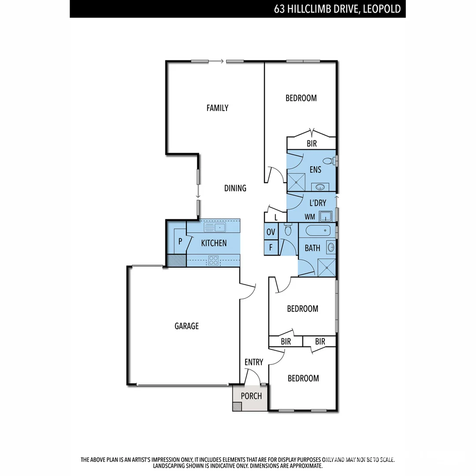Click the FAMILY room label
(217, 108)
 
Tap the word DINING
(235, 188)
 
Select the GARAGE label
(186, 326)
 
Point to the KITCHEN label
(214, 243)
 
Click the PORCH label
(251, 396)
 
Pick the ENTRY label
(253, 362)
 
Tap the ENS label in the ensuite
(316, 170)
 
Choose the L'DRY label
(317, 203)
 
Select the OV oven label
(271, 232)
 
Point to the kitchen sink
(215, 227)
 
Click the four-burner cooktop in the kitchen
(213, 260)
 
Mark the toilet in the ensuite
(329, 161)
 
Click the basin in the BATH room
(331, 247)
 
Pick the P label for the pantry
(180, 242)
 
